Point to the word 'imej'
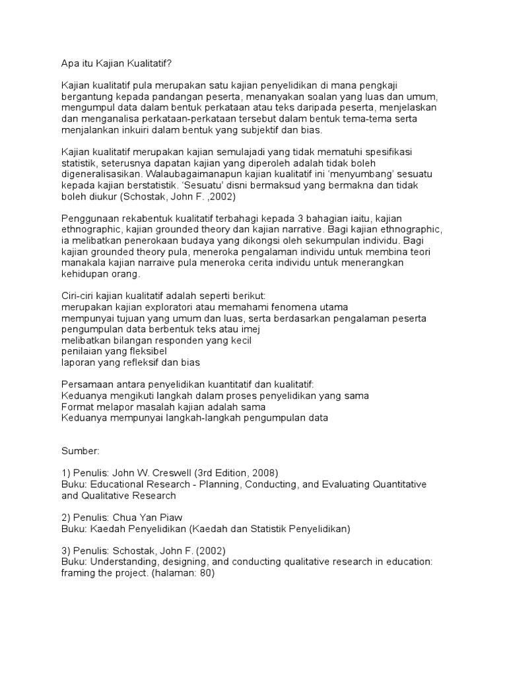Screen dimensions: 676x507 tap(253, 329)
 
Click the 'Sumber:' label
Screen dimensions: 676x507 tap(81, 451)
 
